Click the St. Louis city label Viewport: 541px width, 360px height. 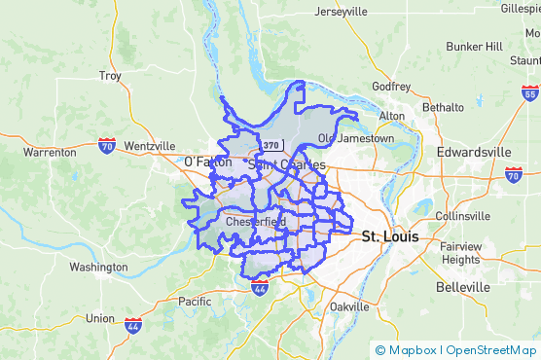click(389, 236)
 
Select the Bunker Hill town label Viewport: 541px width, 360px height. click(474, 46)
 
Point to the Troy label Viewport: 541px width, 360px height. click(110, 76)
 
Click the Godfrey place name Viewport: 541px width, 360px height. click(391, 87)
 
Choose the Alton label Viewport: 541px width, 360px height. click(391, 116)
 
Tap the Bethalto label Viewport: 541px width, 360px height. click(443, 107)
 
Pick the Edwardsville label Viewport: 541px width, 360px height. click(474, 153)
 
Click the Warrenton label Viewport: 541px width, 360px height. click(50, 153)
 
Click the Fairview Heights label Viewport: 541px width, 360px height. click(460, 253)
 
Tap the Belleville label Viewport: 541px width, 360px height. click(462, 288)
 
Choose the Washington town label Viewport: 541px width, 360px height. click(98, 267)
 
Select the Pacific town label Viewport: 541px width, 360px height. click(194, 302)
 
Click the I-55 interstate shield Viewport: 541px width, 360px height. click(529, 93)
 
